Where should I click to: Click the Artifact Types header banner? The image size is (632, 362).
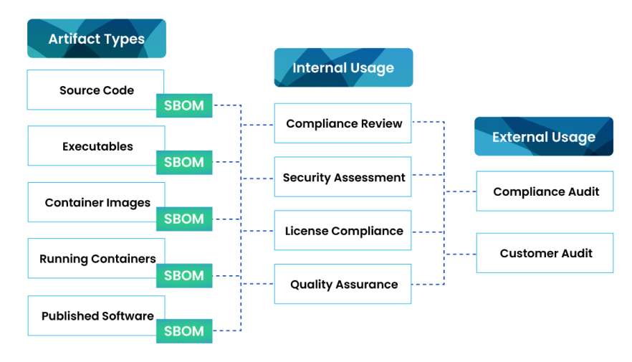(x=97, y=39)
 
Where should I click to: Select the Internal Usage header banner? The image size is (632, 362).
(x=343, y=68)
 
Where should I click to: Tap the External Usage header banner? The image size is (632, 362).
(x=544, y=137)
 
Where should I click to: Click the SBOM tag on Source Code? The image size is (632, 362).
(x=184, y=106)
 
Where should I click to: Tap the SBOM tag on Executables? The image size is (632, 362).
(x=184, y=162)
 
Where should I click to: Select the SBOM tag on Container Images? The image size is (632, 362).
(x=184, y=219)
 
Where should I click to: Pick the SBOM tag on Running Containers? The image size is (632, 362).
(x=184, y=275)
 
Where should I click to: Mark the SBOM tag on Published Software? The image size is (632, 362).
(x=184, y=331)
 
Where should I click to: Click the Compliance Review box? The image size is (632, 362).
(x=343, y=123)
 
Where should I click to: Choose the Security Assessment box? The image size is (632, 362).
(x=343, y=177)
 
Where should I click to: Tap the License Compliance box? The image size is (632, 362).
(x=343, y=231)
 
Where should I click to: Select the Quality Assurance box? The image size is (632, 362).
(x=343, y=284)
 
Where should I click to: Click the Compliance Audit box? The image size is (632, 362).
(x=545, y=191)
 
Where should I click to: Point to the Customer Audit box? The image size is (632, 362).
(x=545, y=253)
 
